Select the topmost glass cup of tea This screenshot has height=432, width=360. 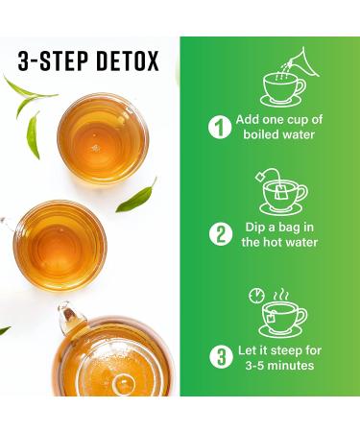point(103,137)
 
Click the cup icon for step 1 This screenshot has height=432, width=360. point(281,89)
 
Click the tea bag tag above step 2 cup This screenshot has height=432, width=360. point(261,177)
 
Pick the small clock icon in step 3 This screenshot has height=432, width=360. point(254,295)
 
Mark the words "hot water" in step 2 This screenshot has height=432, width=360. point(297,244)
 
